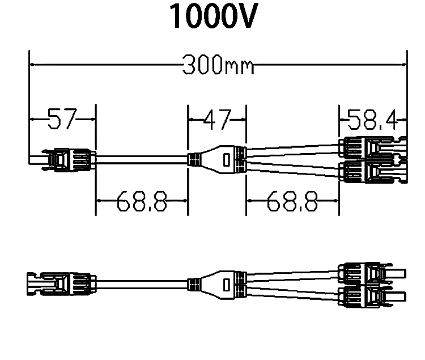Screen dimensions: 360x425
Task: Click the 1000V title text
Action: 213,18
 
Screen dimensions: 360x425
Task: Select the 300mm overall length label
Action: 218,66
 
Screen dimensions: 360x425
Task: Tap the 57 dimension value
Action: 61,120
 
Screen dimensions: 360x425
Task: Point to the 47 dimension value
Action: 218,120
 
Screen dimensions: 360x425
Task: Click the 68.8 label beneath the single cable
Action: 142,201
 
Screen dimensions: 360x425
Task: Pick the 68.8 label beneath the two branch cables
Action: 292,201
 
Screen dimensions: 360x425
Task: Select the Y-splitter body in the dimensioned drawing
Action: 218,159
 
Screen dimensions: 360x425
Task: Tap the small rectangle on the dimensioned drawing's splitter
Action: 227,160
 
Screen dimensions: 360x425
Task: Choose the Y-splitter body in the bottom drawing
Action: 218,282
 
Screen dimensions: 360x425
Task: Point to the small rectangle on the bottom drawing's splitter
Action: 227,282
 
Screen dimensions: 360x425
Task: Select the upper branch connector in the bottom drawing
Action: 371,271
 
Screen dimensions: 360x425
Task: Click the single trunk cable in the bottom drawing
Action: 142,282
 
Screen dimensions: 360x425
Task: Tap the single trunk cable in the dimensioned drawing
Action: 142,159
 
